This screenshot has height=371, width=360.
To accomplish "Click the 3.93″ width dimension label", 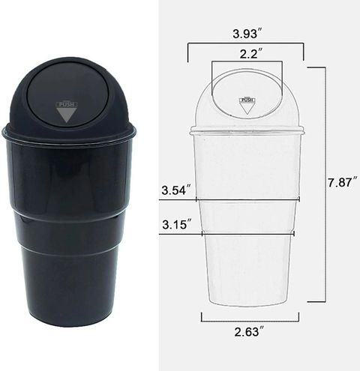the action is [247, 34].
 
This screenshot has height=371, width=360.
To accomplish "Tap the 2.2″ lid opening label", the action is [251, 54].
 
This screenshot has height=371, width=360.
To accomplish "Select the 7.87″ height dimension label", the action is [342, 182].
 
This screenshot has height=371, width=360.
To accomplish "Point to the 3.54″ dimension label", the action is [177, 190].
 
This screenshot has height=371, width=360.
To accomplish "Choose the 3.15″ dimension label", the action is [178, 224].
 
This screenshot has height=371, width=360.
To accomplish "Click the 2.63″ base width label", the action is [249, 331].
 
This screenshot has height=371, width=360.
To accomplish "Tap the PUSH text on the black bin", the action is [67, 104].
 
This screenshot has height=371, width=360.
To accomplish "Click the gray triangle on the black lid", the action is [66, 115].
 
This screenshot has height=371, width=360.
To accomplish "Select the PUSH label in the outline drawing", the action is [247, 100].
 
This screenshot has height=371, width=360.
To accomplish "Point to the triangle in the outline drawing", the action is [247, 109].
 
